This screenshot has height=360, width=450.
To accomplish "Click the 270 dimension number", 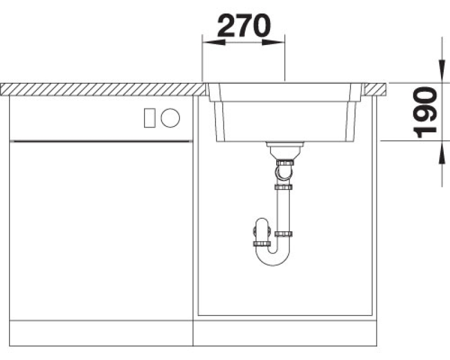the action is [x=244, y=26].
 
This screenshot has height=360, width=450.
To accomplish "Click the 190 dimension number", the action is [x=425, y=112].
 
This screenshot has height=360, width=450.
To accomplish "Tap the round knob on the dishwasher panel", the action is [x=170, y=118].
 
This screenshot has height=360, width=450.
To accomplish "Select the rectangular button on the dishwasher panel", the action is [x=150, y=118].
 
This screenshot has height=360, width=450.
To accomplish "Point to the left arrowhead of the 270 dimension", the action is [x=214, y=43].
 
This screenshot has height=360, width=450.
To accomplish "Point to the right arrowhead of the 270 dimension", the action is [x=273, y=43].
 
